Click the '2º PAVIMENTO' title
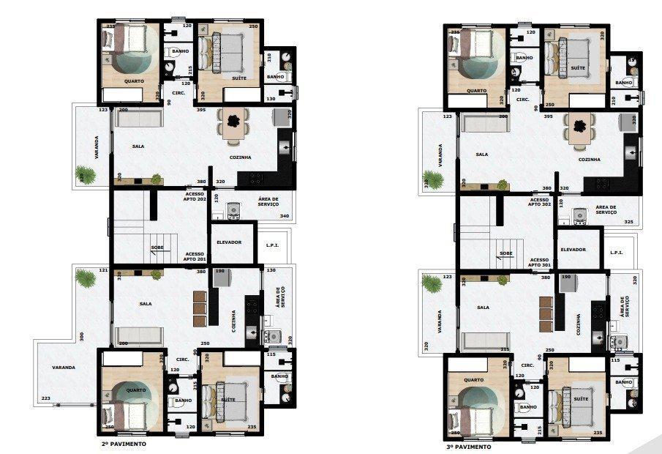coord(124,444)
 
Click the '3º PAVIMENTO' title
coord(468,446)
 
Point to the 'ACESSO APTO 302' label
coord(539,202)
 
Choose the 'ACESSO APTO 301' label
coord(539,263)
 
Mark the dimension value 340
coord(284,216)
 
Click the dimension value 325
coord(628,221)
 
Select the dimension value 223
coord(46,398)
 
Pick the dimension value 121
coord(103,271)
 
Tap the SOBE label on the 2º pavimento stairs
coord(158,248)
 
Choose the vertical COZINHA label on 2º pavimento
coord(234,321)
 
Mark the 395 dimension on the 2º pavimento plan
coord(200,111)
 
